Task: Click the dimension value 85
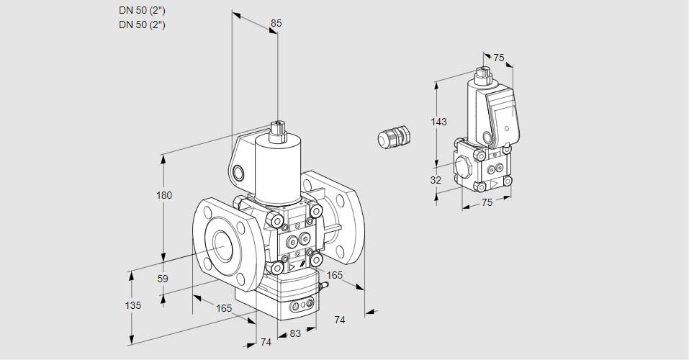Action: [276, 23]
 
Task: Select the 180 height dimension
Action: [165, 196]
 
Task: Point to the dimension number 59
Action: [163, 279]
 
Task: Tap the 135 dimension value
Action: [132, 305]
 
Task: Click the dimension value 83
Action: [294, 333]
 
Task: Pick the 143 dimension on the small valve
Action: [438, 122]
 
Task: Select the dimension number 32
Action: [436, 180]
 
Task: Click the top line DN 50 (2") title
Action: [143, 10]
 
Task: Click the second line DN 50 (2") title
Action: [143, 24]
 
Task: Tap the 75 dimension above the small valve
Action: [499, 58]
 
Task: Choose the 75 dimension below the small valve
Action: [487, 203]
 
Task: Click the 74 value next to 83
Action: [266, 342]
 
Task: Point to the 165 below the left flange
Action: [224, 308]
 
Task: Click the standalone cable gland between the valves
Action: [394, 136]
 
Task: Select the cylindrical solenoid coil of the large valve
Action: [277, 169]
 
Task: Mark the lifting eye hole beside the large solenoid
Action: [238, 173]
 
